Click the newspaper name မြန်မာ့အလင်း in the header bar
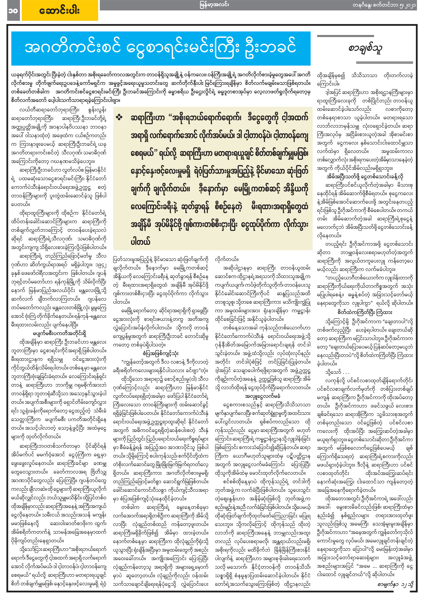click(214, 5)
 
